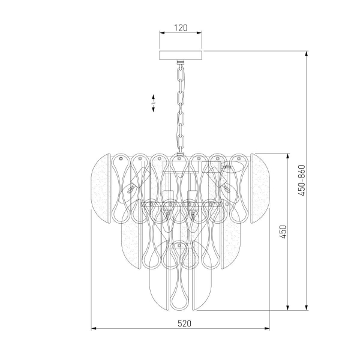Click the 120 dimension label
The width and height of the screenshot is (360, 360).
tap(181, 28)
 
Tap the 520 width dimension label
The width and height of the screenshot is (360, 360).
tap(184, 323)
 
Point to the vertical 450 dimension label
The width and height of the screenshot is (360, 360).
tap(283, 232)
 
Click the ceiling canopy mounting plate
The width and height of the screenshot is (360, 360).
tap(181, 55)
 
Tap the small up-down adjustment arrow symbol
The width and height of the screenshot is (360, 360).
tap(153, 103)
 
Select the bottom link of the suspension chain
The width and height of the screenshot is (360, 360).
tap(181, 143)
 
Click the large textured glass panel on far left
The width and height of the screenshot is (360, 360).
tap(101, 188)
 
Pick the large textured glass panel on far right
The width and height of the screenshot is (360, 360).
tap(260, 188)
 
